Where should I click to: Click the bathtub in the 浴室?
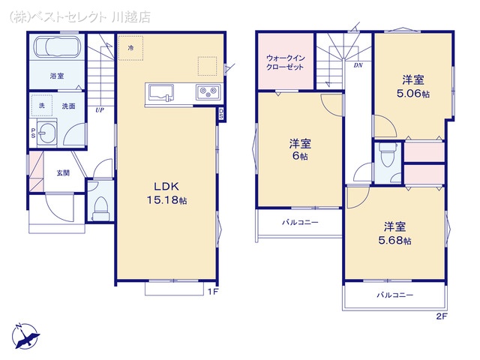57,50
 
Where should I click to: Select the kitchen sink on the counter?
162,92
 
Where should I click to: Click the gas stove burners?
206,92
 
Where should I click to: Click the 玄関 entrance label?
62,173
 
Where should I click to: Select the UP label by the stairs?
99,110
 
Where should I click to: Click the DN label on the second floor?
358,65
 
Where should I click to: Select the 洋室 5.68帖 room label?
396,232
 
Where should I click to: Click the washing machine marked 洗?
42,106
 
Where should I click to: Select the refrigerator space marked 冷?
130,47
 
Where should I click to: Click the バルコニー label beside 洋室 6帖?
299,222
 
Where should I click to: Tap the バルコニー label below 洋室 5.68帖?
395,295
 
